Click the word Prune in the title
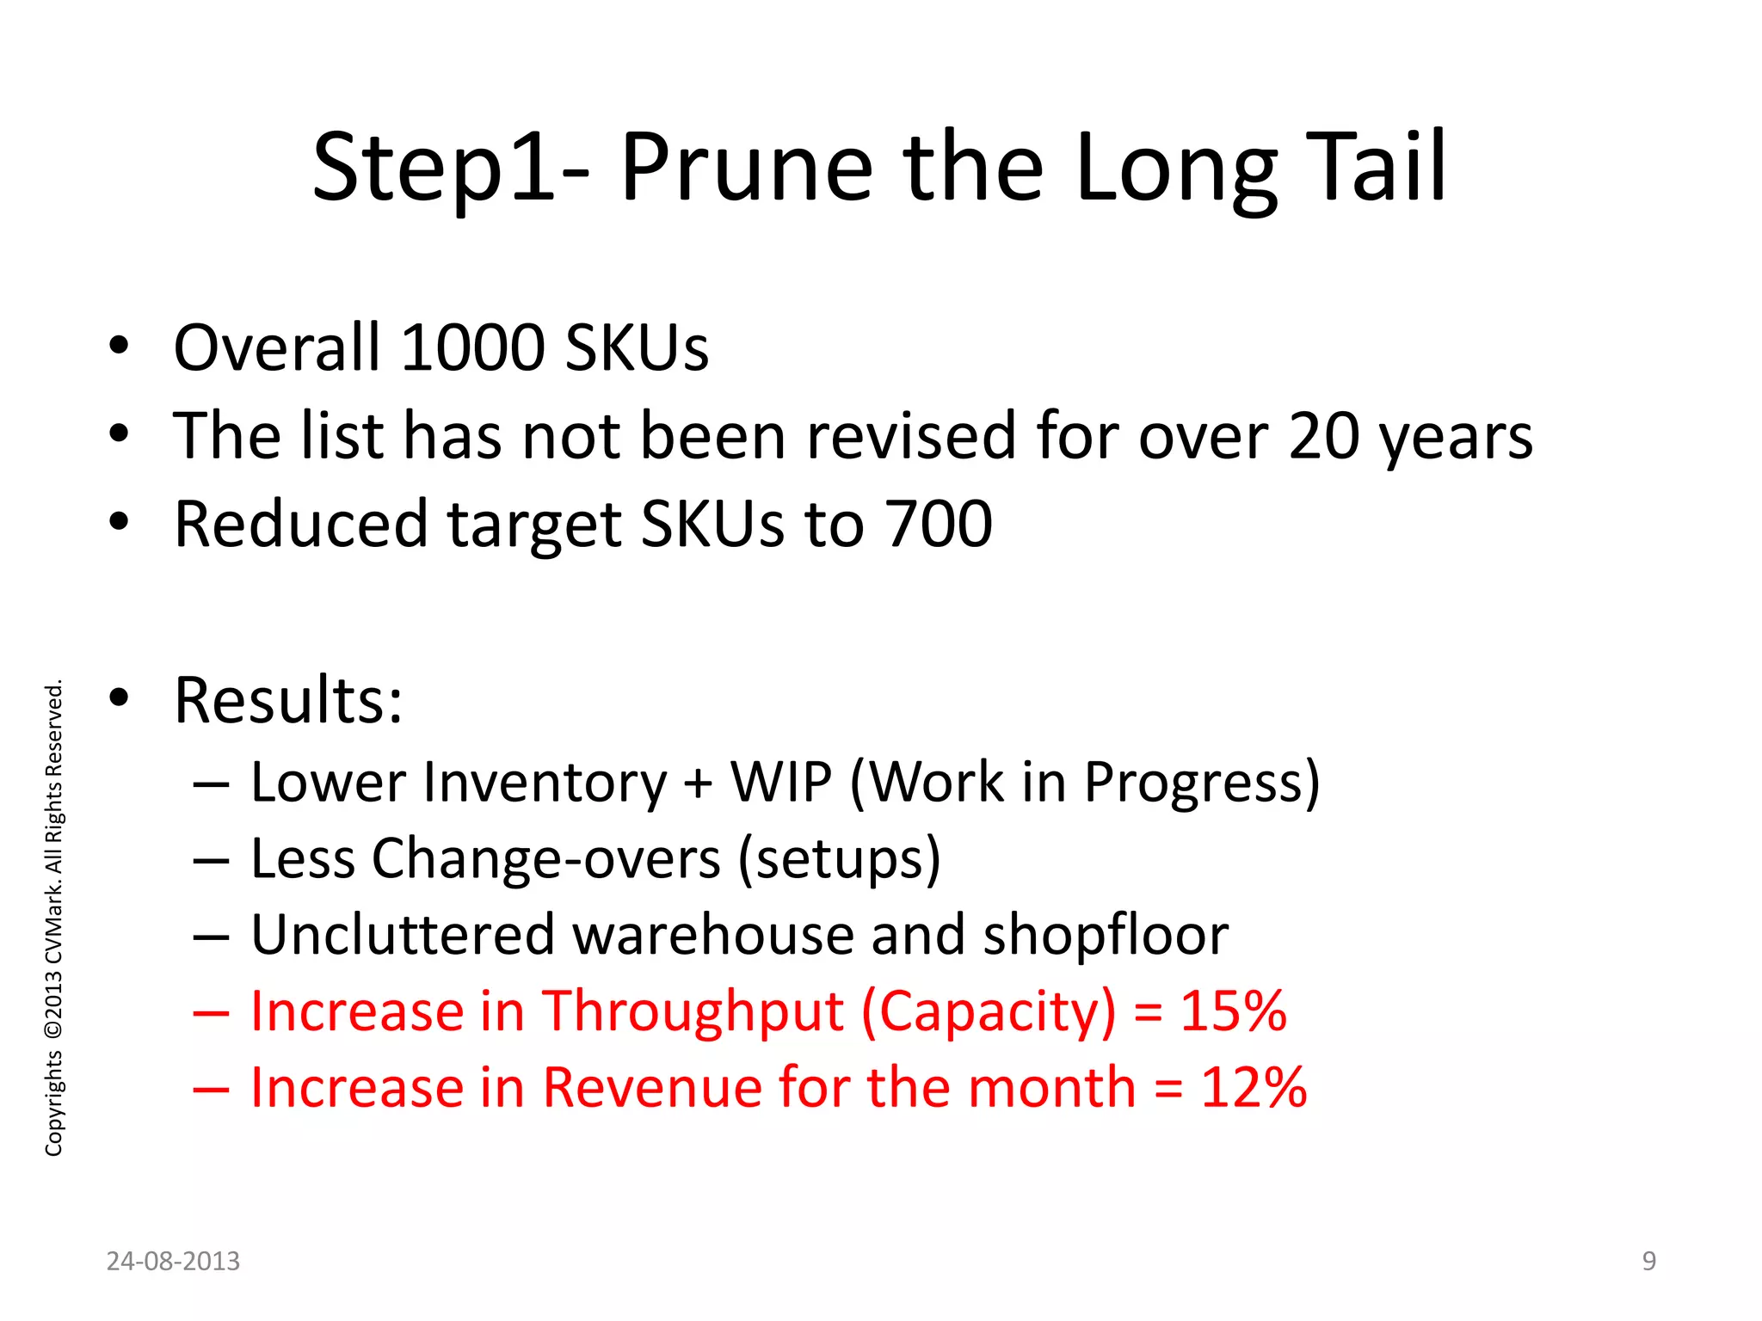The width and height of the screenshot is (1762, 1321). click(745, 168)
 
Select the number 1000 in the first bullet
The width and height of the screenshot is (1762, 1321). click(472, 347)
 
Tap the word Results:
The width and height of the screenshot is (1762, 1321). click(288, 700)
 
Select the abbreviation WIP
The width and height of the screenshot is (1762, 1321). click(781, 782)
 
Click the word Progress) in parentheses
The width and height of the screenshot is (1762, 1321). click(1201, 782)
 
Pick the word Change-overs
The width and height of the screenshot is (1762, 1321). click(545, 858)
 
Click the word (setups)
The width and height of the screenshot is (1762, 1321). click(839, 858)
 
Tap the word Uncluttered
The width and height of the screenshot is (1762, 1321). click(403, 935)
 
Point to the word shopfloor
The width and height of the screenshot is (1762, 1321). click(1106, 935)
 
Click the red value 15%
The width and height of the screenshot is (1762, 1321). click(1233, 1011)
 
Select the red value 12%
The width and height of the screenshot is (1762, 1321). click(1254, 1087)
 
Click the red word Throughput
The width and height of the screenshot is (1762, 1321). click(693, 1011)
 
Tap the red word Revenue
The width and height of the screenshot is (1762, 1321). click(652, 1087)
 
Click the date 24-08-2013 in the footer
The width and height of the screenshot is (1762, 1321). click(173, 1261)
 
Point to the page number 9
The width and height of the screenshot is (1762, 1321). click(1648, 1261)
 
